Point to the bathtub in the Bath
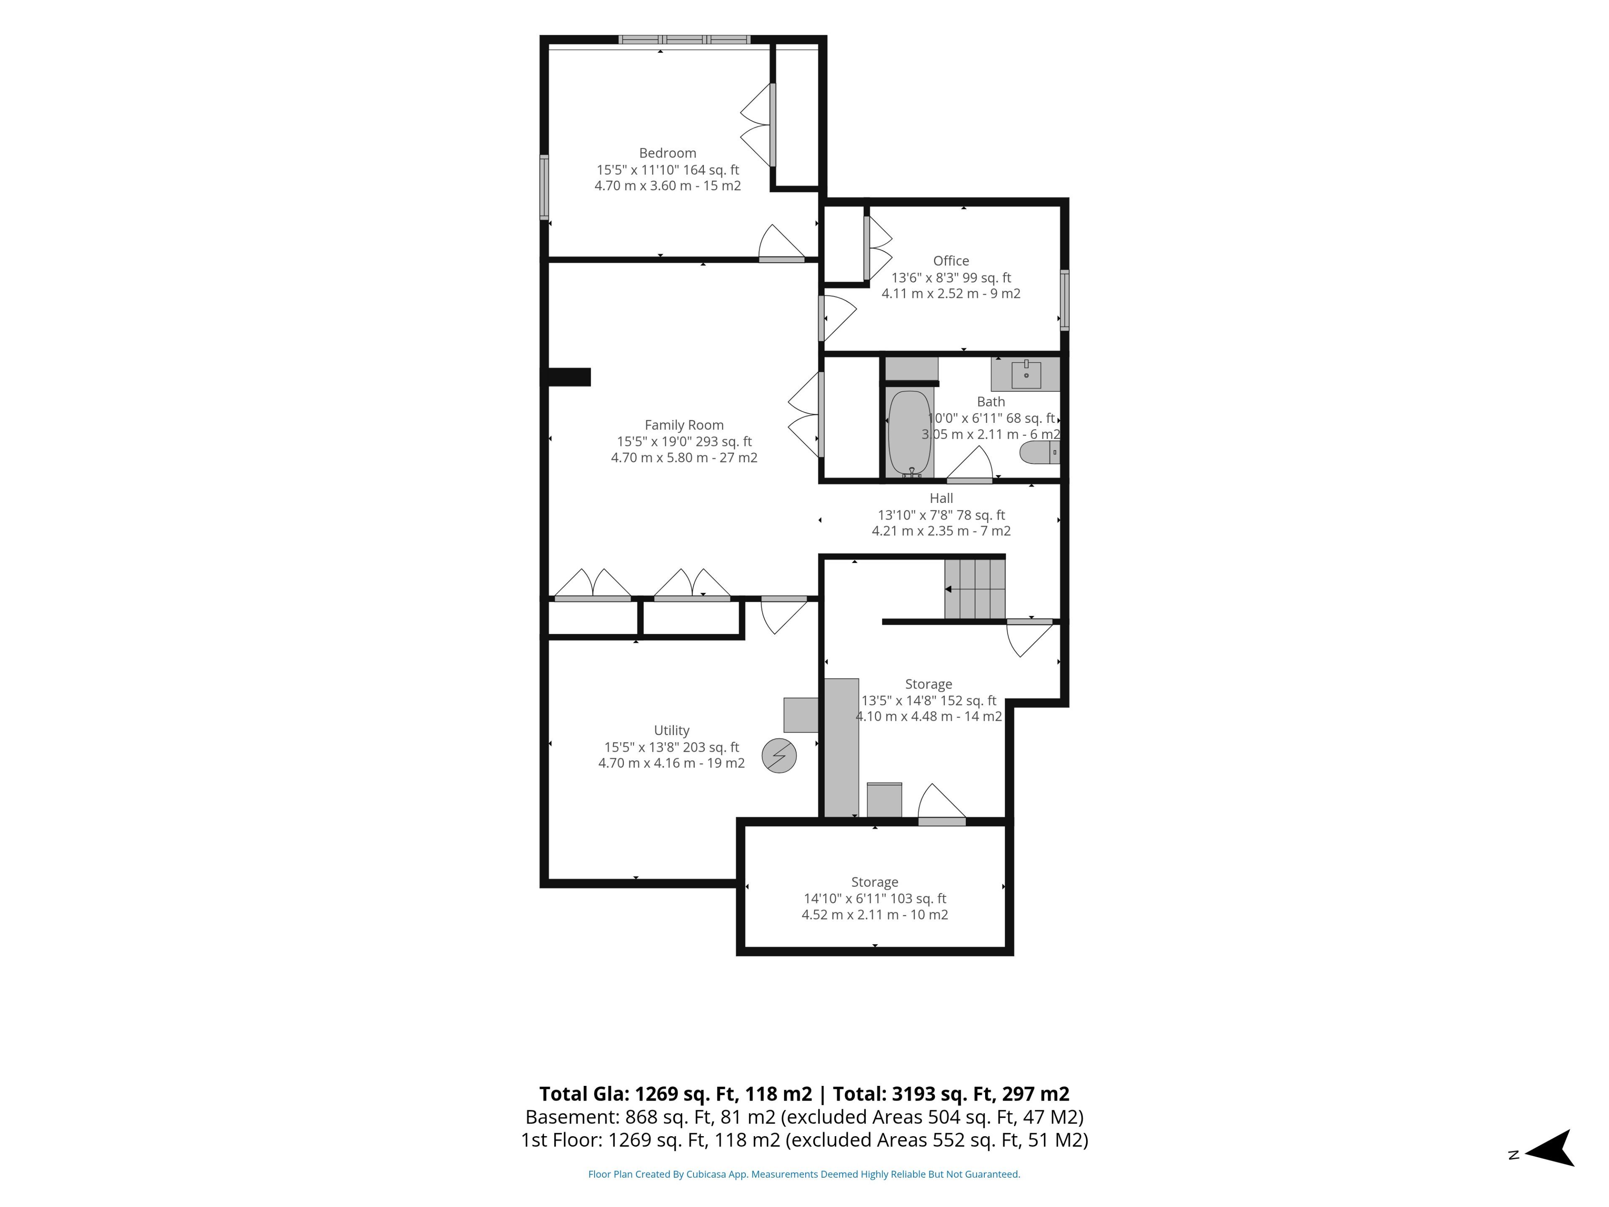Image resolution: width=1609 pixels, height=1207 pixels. (x=909, y=434)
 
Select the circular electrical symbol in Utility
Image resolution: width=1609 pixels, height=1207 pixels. (x=779, y=756)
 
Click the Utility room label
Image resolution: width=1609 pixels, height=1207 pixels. (x=671, y=730)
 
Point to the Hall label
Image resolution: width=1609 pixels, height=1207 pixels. (x=941, y=498)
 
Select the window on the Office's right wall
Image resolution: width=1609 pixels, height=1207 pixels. (x=1064, y=300)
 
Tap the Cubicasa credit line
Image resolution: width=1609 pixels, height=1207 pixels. (x=804, y=1174)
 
